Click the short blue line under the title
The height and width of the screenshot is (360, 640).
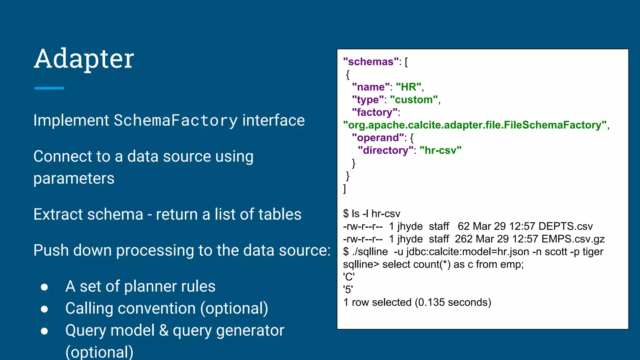click(x=49, y=88)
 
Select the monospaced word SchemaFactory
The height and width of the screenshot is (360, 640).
click(x=176, y=121)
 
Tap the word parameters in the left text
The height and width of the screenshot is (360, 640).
click(x=74, y=178)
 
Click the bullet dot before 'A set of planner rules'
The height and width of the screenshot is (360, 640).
click(x=44, y=287)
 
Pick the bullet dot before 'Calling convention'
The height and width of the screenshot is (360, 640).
click(x=44, y=309)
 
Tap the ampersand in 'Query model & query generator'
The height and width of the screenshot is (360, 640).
click(x=163, y=331)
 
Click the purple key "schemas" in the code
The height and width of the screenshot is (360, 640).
click(x=371, y=62)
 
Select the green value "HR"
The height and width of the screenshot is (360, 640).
click(x=408, y=87)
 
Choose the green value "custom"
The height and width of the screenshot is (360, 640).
click(x=414, y=100)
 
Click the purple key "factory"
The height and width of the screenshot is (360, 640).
click(x=375, y=112)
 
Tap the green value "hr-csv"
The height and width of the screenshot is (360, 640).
click(x=440, y=150)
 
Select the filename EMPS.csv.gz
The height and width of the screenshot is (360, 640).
click(x=573, y=239)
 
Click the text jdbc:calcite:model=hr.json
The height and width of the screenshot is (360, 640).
click(x=467, y=252)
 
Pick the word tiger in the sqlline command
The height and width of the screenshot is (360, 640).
click(x=592, y=252)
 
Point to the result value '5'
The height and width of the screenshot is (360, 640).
click(x=348, y=290)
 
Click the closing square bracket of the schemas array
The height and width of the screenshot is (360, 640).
click(x=344, y=188)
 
